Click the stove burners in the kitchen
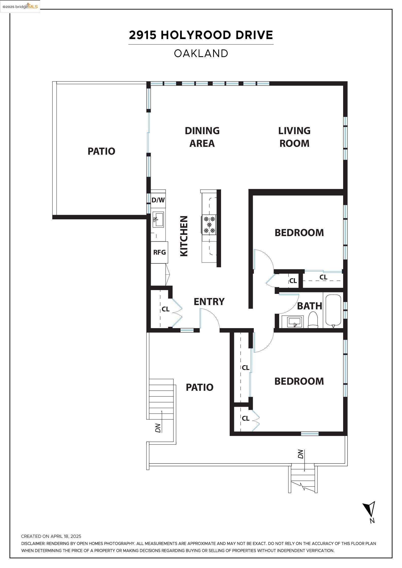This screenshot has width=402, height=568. click(x=209, y=225)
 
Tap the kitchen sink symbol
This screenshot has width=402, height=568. click(x=158, y=220)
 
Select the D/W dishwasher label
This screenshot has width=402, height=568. click(x=158, y=200)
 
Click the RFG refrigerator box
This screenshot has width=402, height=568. click(x=159, y=252)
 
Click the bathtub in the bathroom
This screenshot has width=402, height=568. click(x=333, y=310)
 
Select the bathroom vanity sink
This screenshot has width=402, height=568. click(x=295, y=322)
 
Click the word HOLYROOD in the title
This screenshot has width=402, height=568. click(x=195, y=35)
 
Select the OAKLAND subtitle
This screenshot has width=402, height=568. click(x=201, y=54)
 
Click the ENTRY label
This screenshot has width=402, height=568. click(x=209, y=302)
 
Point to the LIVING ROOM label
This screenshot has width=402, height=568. click(x=294, y=137)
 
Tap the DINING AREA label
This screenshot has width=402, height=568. click(x=202, y=137)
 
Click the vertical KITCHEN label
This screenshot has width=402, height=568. click(x=184, y=236)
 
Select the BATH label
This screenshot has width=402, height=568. click(x=309, y=306)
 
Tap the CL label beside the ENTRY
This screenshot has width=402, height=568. click(x=165, y=309)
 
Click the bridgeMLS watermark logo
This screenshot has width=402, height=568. click(x=20, y=7)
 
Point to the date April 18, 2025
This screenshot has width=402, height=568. click(x=66, y=536)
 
